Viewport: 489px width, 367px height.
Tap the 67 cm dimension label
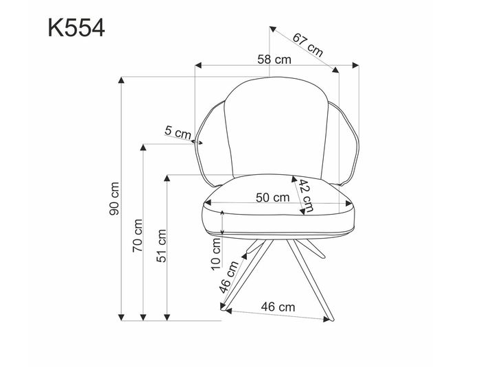(x=307, y=44)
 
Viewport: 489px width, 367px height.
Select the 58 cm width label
(x=274, y=60)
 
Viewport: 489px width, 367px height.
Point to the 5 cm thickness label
(x=178, y=132)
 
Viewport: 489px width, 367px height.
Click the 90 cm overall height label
(x=115, y=198)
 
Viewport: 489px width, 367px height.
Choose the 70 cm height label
(x=137, y=235)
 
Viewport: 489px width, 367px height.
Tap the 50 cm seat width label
(x=272, y=198)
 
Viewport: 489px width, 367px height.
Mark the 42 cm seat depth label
(x=305, y=196)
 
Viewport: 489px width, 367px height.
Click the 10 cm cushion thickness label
(x=216, y=252)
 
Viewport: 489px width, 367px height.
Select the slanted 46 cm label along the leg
(x=228, y=277)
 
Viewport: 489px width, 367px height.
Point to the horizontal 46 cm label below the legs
(x=278, y=307)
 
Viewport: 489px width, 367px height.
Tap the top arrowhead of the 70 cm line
(x=143, y=147)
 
